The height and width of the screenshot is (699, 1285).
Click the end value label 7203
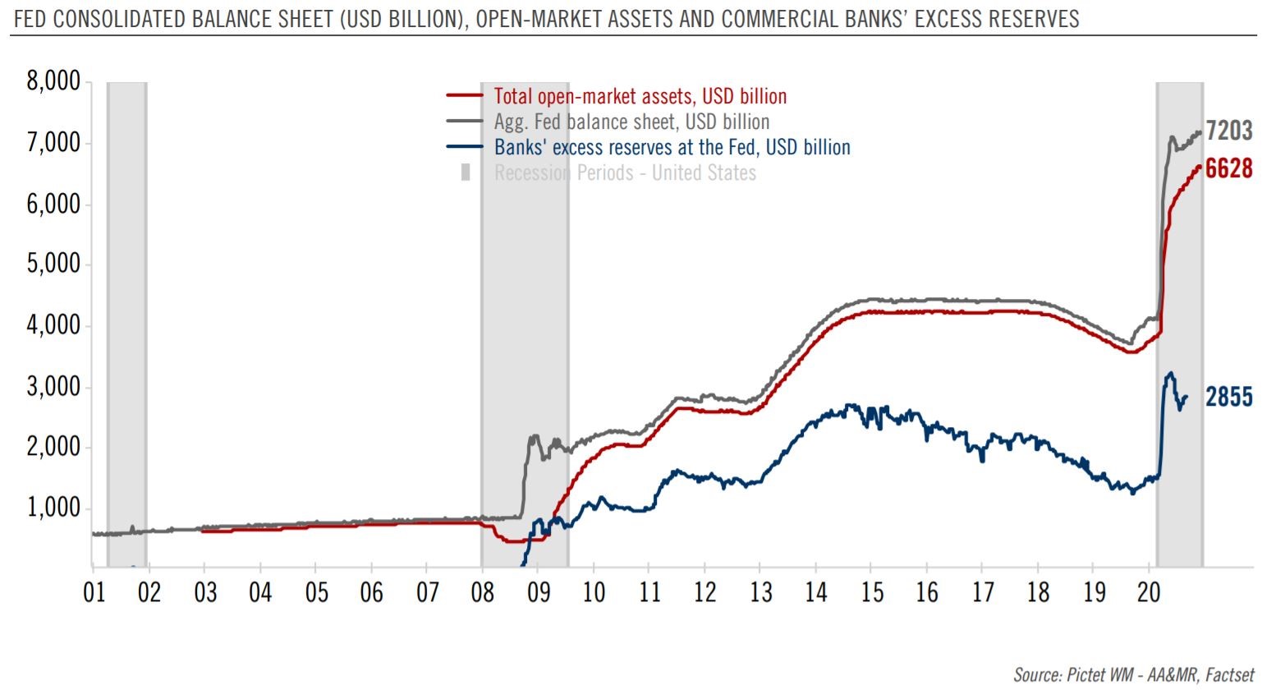point(1229,131)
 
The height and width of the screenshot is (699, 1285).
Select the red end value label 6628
point(1229,169)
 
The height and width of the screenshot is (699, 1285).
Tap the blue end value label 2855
point(1229,398)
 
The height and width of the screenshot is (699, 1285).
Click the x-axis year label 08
point(483,592)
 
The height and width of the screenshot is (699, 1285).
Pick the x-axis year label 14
point(816,592)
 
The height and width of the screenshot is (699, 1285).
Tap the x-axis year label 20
point(1149,592)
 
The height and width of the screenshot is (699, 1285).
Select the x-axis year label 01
point(94,592)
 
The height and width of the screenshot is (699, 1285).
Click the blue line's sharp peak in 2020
point(1171,373)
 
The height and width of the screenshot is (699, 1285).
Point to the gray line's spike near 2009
point(535,436)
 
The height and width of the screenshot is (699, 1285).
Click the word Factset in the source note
point(1230,675)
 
